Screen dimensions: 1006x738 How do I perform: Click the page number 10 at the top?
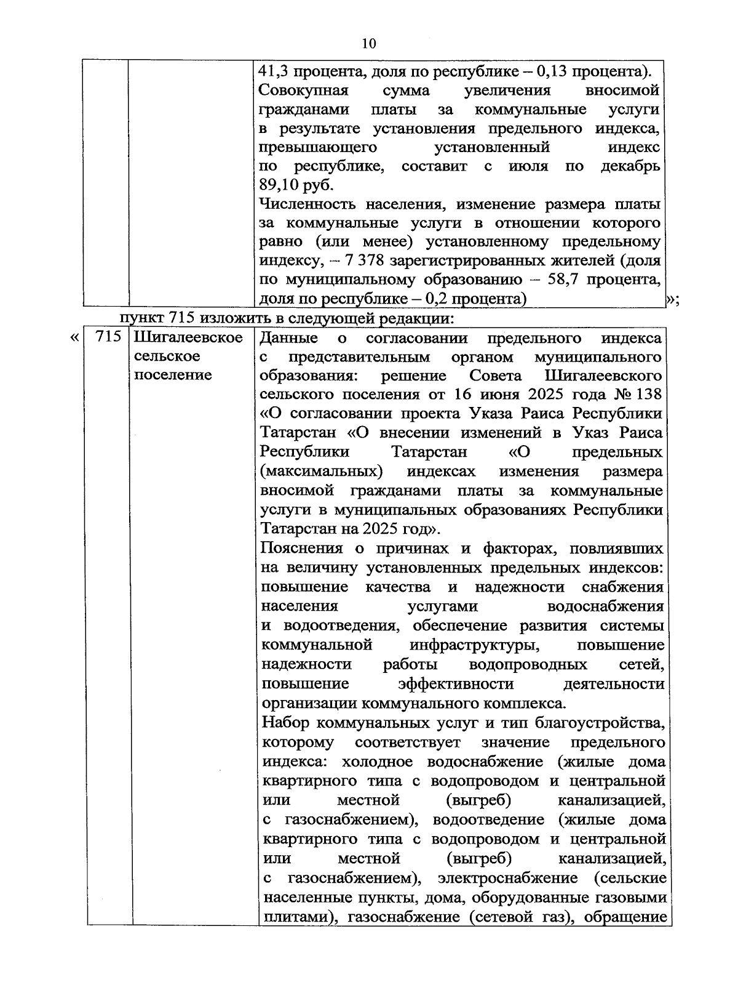[x=368, y=43]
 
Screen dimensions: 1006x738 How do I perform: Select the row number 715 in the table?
[x=108, y=337]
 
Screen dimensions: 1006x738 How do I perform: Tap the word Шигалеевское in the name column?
[x=188, y=337]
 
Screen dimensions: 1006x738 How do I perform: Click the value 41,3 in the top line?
[x=274, y=70]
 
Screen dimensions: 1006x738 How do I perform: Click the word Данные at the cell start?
[x=289, y=337]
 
